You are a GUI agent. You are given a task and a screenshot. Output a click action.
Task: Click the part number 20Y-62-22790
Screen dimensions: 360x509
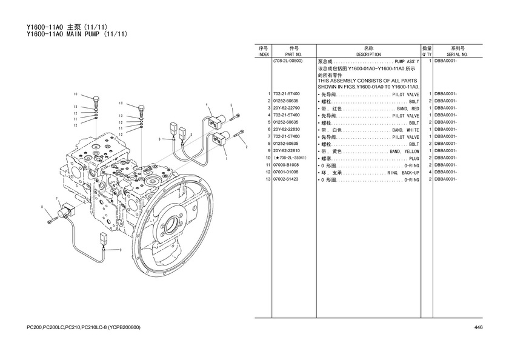pos(287,108)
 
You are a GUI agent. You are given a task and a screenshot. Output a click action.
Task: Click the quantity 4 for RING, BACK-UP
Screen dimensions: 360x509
pos(429,172)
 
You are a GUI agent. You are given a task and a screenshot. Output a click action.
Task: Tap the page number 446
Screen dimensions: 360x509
pos(478,328)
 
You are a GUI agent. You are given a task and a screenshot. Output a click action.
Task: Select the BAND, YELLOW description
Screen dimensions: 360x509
pos(404,151)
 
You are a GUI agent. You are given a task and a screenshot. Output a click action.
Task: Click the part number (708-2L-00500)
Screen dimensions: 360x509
pos(288,61)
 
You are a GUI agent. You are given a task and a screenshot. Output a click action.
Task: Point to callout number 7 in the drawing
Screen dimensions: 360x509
pos(57,198)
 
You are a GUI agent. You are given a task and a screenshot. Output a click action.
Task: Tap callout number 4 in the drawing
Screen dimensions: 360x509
pos(207,104)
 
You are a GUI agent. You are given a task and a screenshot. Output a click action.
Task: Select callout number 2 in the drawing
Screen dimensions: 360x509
pos(246,147)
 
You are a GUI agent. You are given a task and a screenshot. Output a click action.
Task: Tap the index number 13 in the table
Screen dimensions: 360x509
pos(267,179)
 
